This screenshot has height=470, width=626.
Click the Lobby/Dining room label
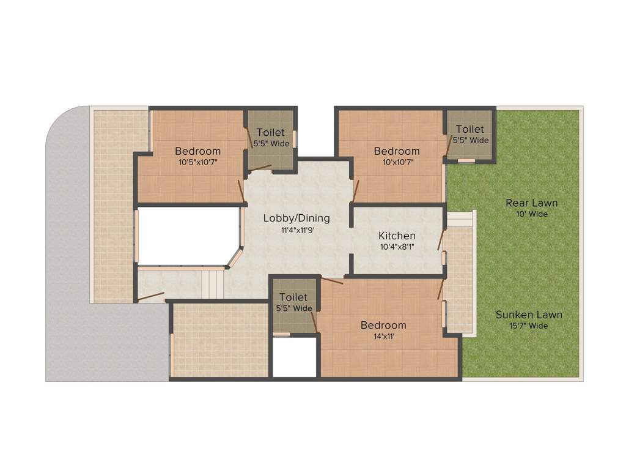296,218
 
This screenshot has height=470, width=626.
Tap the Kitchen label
397,236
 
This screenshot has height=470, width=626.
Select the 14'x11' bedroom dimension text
383,336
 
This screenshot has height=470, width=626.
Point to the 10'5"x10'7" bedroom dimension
198,162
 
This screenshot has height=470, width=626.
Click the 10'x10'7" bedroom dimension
397,162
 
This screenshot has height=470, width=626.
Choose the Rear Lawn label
531,203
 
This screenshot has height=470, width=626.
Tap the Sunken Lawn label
529,315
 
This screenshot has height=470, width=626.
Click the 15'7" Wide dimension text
529,326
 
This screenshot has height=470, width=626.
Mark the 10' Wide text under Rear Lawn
531,214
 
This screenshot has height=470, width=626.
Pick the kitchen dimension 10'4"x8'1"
397,247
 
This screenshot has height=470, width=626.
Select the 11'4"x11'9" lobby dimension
296,230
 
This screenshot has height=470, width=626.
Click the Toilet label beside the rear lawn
470,129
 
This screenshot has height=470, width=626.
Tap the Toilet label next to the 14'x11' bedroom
293,297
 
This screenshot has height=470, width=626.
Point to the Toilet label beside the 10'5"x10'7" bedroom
270,133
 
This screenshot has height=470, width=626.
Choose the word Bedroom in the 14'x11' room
383,325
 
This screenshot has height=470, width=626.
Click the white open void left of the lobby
186,236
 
